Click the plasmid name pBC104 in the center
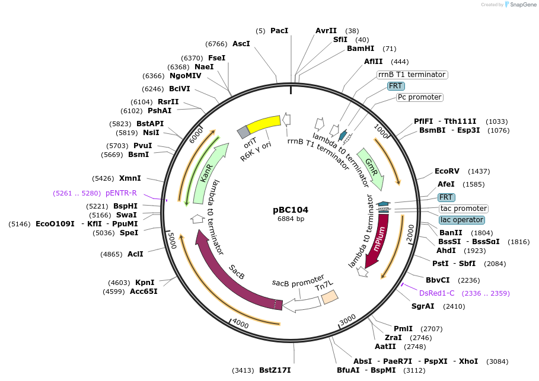291,210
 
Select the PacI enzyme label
279,30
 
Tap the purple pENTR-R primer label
121,193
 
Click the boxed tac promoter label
464,209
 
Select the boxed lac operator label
461,220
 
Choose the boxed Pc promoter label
419,97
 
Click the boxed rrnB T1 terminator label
412,75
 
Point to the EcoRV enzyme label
446,171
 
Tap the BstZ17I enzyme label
275,370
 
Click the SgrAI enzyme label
423,306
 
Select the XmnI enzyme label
130,178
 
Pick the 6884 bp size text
291,219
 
